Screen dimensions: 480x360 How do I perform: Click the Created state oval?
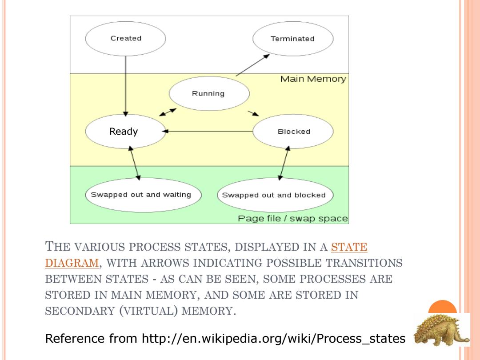[125, 39]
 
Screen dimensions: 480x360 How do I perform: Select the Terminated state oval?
[293, 39]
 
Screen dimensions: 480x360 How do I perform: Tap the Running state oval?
[209, 93]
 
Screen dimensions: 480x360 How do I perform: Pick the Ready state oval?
[125, 131]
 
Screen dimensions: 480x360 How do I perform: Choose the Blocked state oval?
[293, 131]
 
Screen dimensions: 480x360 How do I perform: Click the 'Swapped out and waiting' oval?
[143, 195]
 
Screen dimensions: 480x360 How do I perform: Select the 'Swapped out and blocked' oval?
[275, 195]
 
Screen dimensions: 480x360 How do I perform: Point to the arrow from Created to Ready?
[125, 86]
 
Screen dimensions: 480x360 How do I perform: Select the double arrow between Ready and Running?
[168, 112]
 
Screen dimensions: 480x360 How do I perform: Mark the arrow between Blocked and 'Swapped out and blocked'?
[284, 163]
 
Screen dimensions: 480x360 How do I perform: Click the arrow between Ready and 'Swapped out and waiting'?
[135, 163]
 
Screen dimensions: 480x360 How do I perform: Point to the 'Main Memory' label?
[313, 79]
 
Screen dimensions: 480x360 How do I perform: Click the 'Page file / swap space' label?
[293, 219]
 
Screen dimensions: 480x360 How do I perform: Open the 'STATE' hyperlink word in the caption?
[349, 247]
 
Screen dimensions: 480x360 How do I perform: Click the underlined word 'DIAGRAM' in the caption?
[72, 263]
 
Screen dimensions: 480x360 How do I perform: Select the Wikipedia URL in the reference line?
[274, 339]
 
